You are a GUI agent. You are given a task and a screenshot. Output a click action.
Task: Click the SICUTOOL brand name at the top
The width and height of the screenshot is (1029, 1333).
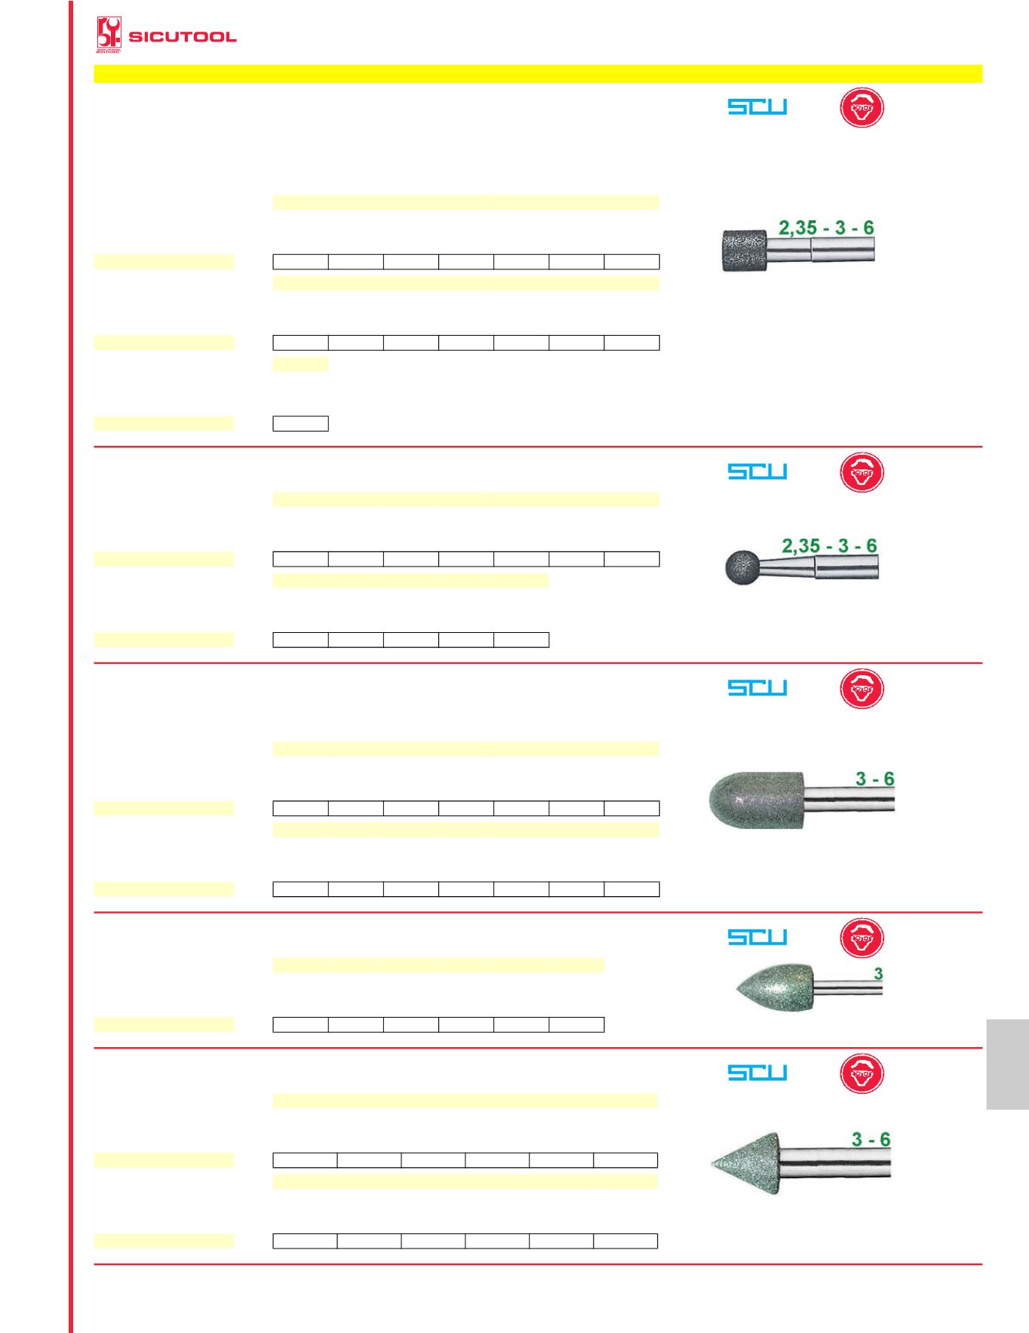click(x=183, y=37)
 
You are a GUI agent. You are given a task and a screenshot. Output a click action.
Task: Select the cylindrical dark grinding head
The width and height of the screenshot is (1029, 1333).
click(x=744, y=250)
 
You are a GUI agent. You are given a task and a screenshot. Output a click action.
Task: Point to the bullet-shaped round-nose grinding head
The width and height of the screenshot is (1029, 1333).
click(x=758, y=800)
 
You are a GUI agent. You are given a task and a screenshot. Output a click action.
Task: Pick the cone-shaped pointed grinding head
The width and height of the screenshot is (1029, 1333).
click(x=747, y=1163)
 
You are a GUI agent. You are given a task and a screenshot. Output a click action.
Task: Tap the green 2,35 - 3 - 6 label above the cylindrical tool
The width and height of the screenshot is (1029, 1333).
click(x=826, y=228)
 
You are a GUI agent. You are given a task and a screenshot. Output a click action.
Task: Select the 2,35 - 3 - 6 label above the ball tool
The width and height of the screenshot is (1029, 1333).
click(x=829, y=545)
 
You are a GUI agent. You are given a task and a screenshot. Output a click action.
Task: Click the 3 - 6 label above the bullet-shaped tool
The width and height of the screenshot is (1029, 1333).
click(x=874, y=779)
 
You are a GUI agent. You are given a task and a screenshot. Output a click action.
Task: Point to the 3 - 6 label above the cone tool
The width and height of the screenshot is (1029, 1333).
click(x=871, y=1139)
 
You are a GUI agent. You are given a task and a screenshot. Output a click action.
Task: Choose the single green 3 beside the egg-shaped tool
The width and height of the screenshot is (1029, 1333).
click(x=878, y=974)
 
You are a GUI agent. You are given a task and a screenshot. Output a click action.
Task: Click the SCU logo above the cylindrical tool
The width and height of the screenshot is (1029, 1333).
click(x=757, y=107)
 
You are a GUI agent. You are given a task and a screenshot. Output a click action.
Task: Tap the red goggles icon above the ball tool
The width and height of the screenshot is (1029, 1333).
click(x=862, y=472)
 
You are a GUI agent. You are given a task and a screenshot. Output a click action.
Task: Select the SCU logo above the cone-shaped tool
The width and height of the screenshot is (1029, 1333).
click(x=757, y=1072)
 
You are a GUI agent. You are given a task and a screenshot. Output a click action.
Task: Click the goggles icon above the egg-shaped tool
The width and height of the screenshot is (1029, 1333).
click(x=862, y=938)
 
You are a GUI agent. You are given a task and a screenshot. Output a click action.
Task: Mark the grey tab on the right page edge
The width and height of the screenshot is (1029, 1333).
click(x=1006, y=1064)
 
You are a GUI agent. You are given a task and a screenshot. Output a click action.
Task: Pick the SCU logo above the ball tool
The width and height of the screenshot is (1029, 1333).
click(x=757, y=471)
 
